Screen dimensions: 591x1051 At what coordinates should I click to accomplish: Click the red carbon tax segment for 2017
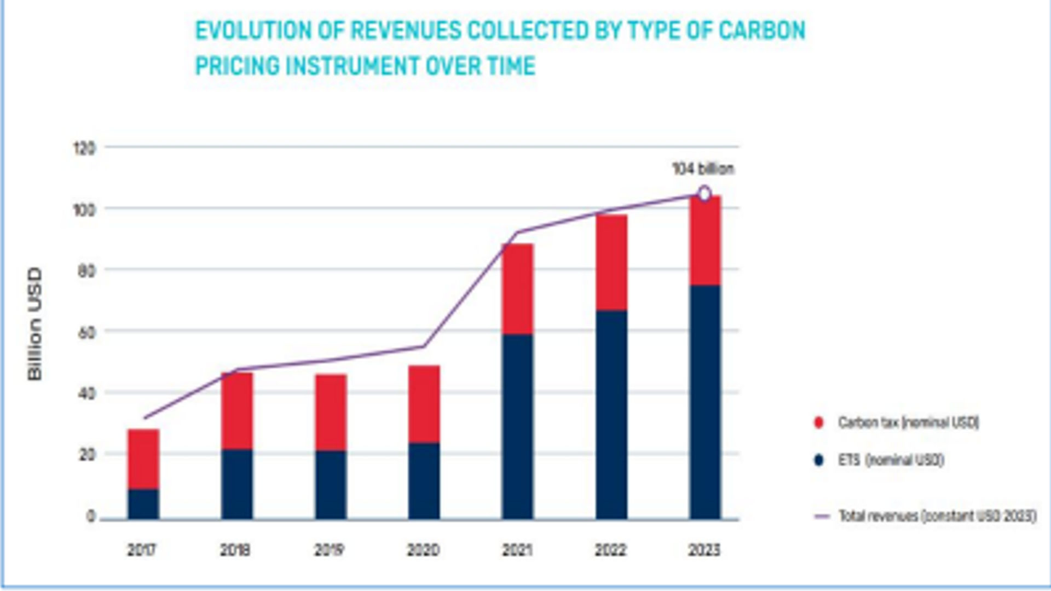point(143,459)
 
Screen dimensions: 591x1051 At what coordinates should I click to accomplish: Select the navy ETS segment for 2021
point(517,426)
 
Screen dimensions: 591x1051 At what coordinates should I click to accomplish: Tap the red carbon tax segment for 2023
point(704,240)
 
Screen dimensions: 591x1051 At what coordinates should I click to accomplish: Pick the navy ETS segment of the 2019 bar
point(331,484)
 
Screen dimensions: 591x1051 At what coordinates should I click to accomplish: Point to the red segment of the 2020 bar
point(424,404)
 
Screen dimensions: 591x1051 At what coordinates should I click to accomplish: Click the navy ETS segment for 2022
point(611,414)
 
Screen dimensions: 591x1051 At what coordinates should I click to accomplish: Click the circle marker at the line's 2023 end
point(704,194)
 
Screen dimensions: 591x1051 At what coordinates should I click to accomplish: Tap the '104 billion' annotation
point(703,169)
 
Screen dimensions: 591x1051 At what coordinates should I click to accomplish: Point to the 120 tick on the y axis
point(84,148)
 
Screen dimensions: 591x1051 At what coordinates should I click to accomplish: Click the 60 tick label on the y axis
point(86,332)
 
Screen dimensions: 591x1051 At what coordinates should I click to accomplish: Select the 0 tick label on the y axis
point(90,516)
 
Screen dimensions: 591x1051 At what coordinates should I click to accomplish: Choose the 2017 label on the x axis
point(142,549)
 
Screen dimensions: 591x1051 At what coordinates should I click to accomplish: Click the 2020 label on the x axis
point(423,549)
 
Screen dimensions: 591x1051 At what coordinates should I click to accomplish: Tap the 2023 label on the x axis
point(704,549)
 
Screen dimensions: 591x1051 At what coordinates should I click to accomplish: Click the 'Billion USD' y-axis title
point(34,323)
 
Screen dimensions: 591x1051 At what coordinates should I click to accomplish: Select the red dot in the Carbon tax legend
point(819,422)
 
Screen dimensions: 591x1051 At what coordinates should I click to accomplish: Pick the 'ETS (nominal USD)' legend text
point(891,460)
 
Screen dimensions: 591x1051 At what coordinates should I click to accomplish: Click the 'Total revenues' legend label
point(937,516)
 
